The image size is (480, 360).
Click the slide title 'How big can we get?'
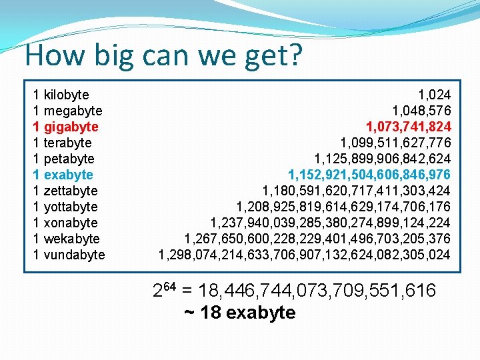coord(163,56)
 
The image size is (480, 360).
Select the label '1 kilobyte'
coord(61,95)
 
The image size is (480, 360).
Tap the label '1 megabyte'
coord(67,111)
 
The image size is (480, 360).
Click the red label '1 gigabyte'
coord(65,127)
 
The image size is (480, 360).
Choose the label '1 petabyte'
coord(64,159)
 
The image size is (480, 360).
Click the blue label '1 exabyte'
coord(63,175)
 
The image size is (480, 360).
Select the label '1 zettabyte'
coord(65,191)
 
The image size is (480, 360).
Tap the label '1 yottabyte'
coord(65,207)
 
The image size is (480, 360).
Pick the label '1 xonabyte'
coord(65,223)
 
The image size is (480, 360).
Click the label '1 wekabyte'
coord(67,239)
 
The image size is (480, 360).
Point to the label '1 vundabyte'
coord(69,255)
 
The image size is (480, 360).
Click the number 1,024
coord(434,95)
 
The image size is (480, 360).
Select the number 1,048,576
coord(421,111)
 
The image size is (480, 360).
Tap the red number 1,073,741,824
coord(408,127)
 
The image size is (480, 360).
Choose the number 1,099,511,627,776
coord(395,143)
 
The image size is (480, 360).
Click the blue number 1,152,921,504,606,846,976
coord(369,175)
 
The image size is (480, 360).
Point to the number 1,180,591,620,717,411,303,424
coord(356,191)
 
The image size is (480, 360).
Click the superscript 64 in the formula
coord(170,286)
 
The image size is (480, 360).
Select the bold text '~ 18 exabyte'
coord(239,313)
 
